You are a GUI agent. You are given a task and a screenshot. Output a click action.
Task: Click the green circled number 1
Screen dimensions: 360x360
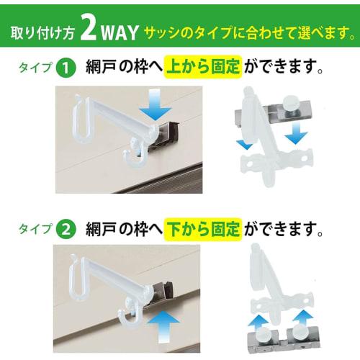pyautogui.click(x=66, y=68)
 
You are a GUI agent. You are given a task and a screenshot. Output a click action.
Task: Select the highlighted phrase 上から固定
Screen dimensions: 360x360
pyautogui.click(x=200, y=68)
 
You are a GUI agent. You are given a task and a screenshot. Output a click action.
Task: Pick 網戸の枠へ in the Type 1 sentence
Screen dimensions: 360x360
pyautogui.click(x=122, y=68)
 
